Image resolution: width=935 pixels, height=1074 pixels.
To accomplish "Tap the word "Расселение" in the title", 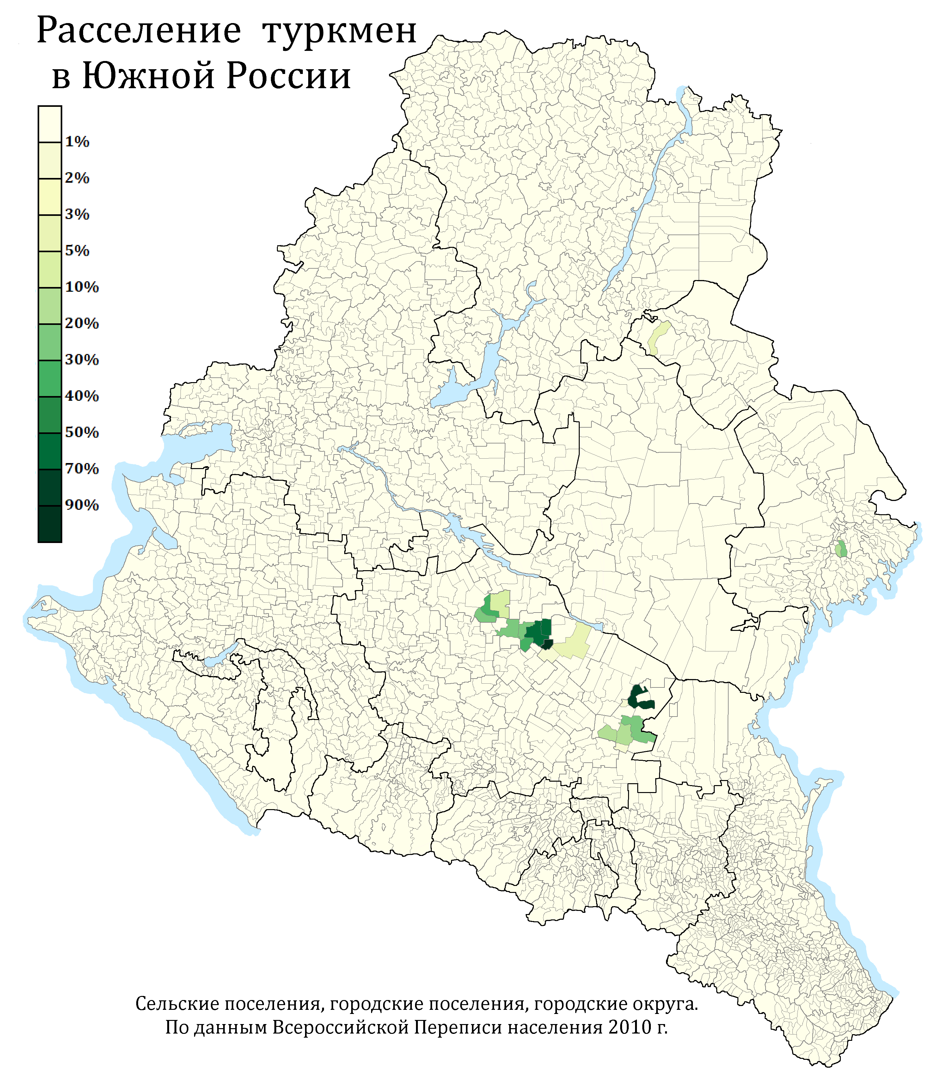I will [x=139, y=31].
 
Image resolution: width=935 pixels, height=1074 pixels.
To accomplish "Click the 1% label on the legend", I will [x=77, y=142].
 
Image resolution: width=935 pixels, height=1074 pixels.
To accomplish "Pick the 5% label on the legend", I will [x=77, y=251].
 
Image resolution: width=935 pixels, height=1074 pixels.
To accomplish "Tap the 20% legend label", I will [x=82, y=323].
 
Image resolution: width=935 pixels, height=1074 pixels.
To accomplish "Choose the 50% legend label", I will [x=82, y=432].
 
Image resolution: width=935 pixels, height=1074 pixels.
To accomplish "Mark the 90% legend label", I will [x=82, y=505].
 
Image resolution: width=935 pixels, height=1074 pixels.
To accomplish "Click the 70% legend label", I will [x=82, y=468].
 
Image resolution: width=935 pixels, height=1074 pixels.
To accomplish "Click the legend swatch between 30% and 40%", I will [x=50, y=378].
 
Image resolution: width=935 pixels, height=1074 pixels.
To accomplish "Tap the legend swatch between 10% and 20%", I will [x=50, y=306].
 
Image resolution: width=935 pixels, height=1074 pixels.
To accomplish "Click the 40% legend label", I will [x=82, y=396].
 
